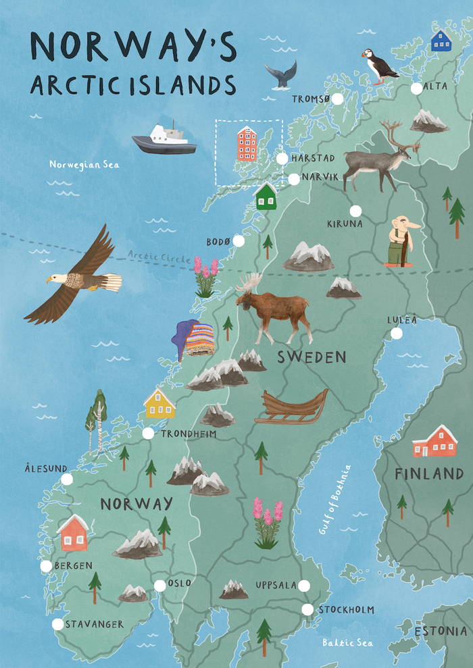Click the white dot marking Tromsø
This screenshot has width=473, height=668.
pyautogui.click(x=338, y=99)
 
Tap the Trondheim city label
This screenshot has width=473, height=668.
pyautogui.click(x=189, y=434)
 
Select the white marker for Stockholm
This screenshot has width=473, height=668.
pyautogui.click(x=307, y=610)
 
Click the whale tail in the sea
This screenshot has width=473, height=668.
pyautogui.click(x=280, y=74)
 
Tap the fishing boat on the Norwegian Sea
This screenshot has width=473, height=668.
pyautogui.click(x=164, y=139)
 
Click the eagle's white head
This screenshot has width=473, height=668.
pyautogui.click(x=55, y=278)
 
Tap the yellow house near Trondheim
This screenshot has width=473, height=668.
pyautogui.click(x=160, y=404)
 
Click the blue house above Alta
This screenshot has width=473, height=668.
pyautogui.click(x=441, y=41)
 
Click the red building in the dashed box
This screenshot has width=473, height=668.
pyautogui.click(x=247, y=144)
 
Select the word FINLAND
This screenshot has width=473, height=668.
pyautogui.click(x=429, y=474)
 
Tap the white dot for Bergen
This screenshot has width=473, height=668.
pyautogui.click(x=46, y=566)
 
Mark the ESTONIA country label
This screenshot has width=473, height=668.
pyautogui.click(x=440, y=632)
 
